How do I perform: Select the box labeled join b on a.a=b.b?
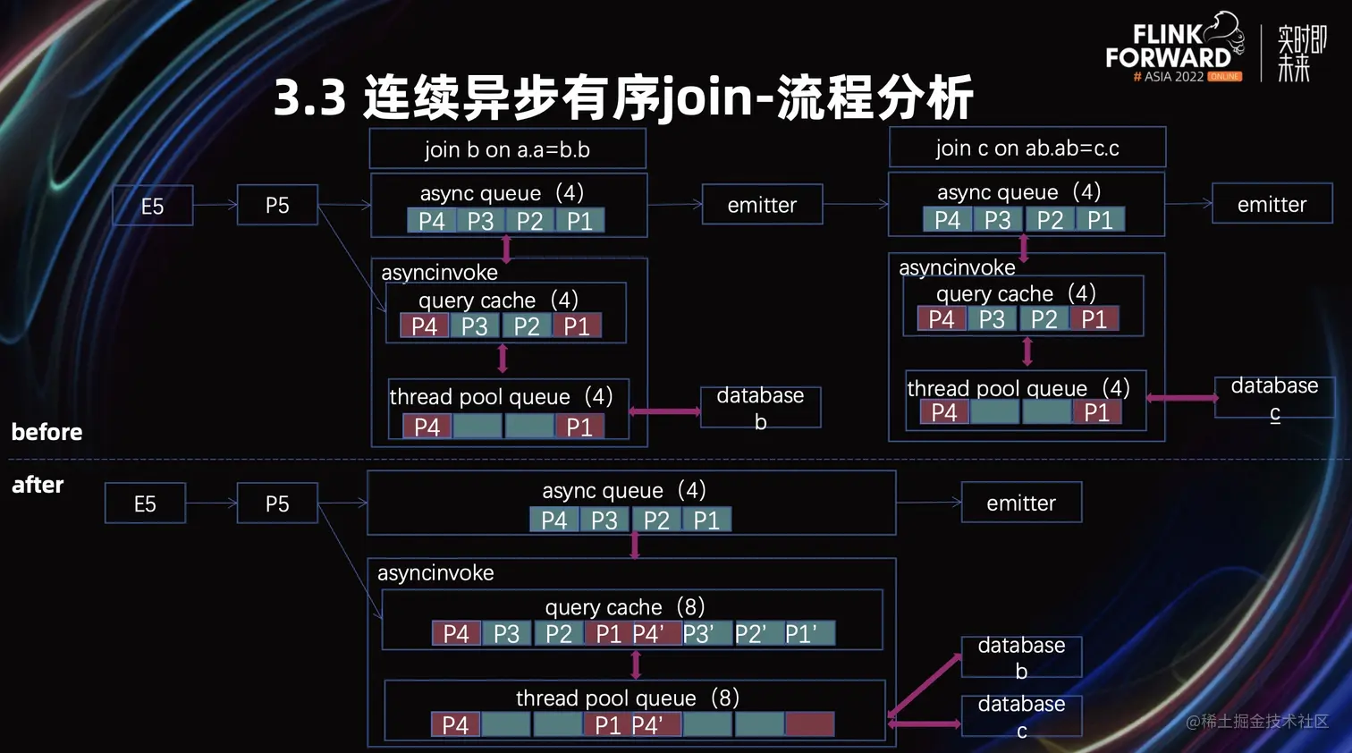tap(507, 149)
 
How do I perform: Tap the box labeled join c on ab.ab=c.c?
tap(1027, 148)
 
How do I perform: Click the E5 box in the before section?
tap(153, 206)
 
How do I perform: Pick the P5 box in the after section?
tap(277, 503)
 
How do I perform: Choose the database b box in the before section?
tap(760, 408)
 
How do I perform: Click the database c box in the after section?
tap(1021, 716)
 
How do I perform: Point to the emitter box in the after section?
tap(1021, 503)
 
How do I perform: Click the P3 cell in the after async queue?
tap(604, 520)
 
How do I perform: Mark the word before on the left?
tap(46, 432)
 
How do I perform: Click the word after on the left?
tap(38, 485)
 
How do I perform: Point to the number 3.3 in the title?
tap(309, 97)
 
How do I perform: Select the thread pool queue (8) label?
tap(627, 698)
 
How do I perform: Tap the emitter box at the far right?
tap(1272, 205)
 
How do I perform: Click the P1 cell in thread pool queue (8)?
tap(608, 725)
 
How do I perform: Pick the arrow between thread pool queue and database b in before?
tap(665, 411)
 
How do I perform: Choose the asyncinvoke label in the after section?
tap(435, 572)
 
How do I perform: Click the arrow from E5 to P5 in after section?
tap(211, 503)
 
